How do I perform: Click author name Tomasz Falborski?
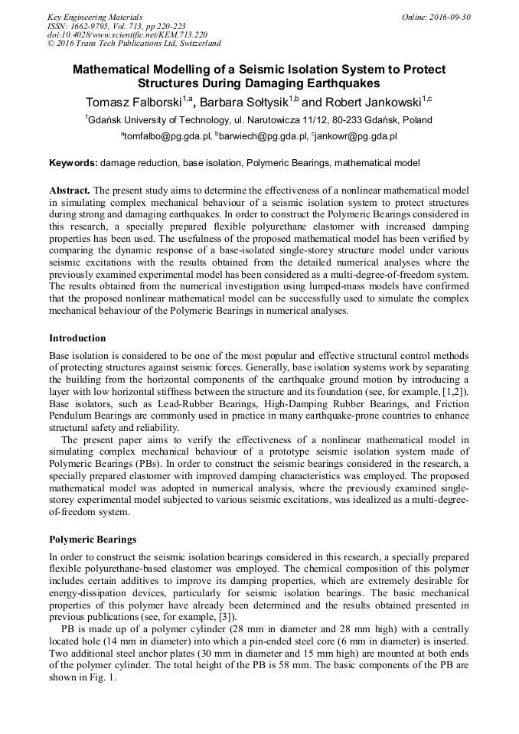point(132,101)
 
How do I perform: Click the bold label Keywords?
point(73,163)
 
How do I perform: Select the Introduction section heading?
point(77,338)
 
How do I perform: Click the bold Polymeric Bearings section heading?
point(93,540)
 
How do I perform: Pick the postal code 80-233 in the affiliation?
point(335,120)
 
